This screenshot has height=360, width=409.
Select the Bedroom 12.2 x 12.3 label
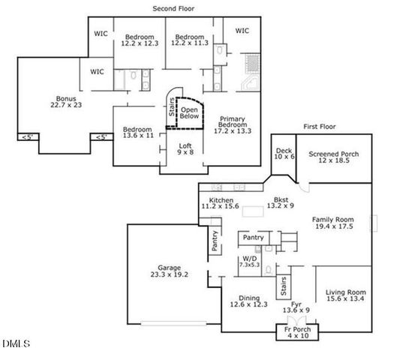pyautogui.click(x=140, y=40)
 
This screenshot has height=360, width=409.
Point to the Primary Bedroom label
pyautogui.click(x=233, y=124)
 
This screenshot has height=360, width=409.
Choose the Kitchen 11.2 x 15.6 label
pyautogui.click(x=220, y=203)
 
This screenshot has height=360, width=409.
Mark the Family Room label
pyautogui.click(x=332, y=223)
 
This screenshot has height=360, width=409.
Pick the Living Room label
pyautogui.click(x=345, y=295)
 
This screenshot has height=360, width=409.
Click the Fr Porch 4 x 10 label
pyautogui.click(x=297, y=332)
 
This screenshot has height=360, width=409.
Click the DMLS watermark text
pyautogui.click(x=16, y=344)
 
